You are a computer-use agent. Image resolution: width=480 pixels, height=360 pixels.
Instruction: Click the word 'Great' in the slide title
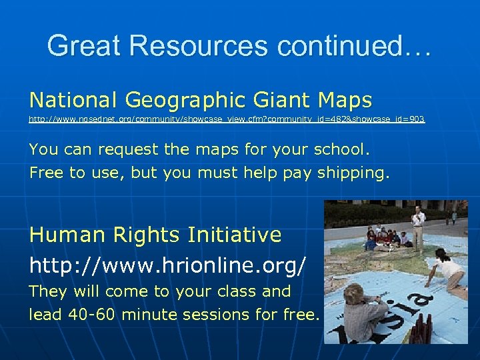[84, 45]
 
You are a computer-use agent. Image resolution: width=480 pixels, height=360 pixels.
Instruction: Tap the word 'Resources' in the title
[199, 45]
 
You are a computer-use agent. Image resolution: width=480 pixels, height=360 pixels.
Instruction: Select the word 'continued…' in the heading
[355, 45]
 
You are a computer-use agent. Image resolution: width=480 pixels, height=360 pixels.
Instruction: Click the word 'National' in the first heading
[73, 100]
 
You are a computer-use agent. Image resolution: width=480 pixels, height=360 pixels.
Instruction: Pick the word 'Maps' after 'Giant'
[345, 100]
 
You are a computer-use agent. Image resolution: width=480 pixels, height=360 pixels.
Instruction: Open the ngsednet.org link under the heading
[227, 119]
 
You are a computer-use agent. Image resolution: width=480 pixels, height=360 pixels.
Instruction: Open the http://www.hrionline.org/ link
[168, 265]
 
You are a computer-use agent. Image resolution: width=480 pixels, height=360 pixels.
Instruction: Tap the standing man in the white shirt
[419, 224]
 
